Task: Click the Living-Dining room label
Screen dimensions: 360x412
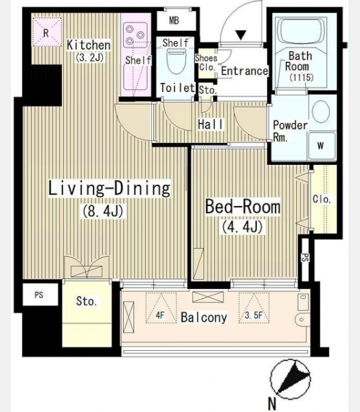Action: (109, 188)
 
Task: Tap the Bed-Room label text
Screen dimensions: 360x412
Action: (243, 207)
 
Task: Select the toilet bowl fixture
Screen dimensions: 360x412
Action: (177, 62)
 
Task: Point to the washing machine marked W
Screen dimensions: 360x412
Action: (322, 146)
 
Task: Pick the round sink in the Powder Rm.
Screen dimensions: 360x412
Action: (321, 111)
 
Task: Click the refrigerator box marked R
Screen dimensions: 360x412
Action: (47, 32)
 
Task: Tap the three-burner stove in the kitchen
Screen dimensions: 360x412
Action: (135, 35)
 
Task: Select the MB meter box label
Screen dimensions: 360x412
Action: (174, 20)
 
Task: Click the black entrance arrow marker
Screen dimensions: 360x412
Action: (240, 35)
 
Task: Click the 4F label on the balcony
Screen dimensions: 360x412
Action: (160, 315)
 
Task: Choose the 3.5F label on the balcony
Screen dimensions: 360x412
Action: (254, 315)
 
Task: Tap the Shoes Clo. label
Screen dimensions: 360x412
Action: (206, 62)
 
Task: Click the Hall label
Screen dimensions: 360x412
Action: (211, 124)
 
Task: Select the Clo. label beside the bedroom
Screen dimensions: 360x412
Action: (322, 199)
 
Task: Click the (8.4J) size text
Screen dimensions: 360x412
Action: (102, 211)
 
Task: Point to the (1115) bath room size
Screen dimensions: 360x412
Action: (302, 78)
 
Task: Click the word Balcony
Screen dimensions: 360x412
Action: (204, 317)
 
